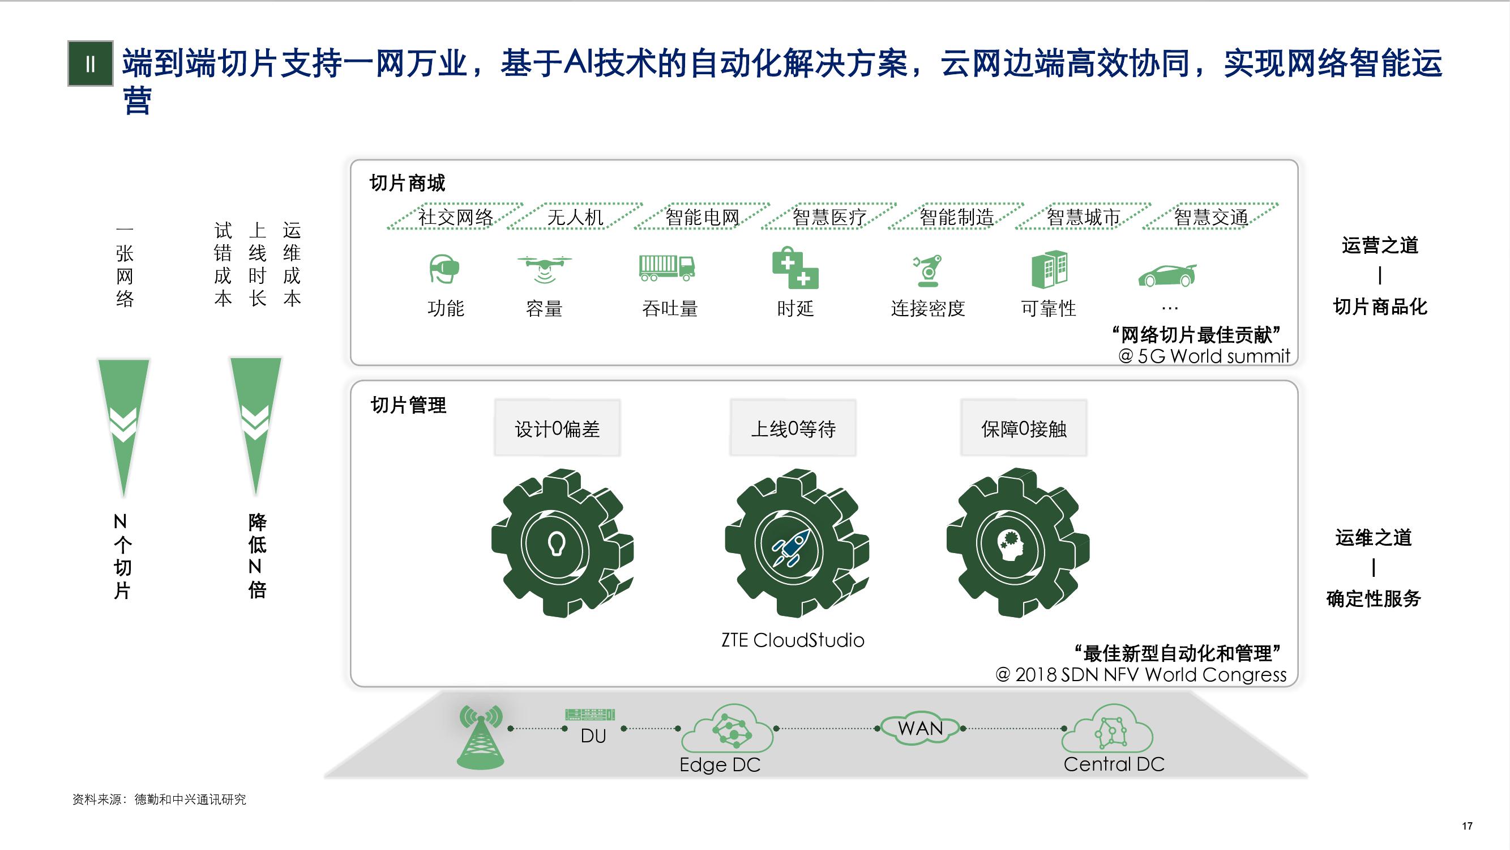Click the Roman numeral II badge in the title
(90, 63)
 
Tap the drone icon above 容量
(544, 268)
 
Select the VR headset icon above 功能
(444, 269)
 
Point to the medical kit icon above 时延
(795, 268)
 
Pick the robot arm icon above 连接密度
(927, 270)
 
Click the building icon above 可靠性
(1049, 269)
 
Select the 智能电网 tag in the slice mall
(702, 217)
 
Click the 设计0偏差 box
(558, 429)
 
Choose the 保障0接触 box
(1024, 429)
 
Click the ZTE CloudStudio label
(793, 640)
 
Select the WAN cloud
(920, 729)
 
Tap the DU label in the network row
(593, 736)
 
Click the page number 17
(1467, 826)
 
